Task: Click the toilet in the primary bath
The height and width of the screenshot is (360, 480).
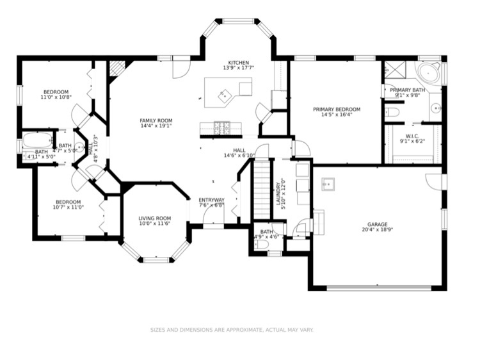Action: [393, 113]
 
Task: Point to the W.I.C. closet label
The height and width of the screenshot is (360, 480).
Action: [412, 135]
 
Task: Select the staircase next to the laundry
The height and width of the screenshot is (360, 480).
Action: [263, 190]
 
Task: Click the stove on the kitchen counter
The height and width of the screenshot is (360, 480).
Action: [221, 128]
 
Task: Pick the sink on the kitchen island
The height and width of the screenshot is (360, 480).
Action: [224, 97]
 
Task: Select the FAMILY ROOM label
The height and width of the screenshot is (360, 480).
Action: [156, 120]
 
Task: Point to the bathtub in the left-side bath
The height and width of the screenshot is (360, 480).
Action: [38, 141]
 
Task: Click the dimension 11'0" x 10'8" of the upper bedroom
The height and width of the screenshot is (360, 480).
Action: [56, 97]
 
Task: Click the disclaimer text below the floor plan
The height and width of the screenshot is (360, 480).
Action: [231, 330]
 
